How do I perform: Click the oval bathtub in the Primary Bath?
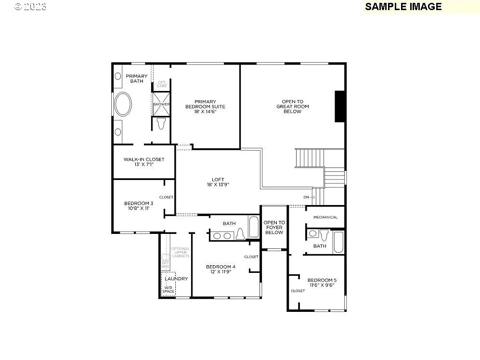tap(124, 104)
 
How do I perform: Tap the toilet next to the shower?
tap(161, 123)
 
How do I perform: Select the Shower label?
tap(161, 104)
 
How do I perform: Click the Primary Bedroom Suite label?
tap(206, 106)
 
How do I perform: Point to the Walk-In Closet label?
tap(144, 162)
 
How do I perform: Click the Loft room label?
tap(218, 182)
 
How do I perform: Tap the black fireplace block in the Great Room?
tap(339, 106)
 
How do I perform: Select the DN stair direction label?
tap(306, 197)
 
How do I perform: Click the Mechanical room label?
tap(325, 217)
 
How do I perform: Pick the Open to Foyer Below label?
tap(274, 227)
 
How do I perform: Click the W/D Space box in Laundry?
tap(169, 289)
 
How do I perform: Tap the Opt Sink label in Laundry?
tap(165, 264)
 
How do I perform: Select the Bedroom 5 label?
tap(321, 283)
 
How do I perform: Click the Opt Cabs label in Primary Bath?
tap(161, 85)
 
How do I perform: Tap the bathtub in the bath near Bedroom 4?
tap(253, 227)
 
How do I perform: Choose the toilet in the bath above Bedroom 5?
tap(324, 235)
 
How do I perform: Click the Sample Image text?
tap(403, 7)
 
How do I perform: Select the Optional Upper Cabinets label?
tap(181, 252)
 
